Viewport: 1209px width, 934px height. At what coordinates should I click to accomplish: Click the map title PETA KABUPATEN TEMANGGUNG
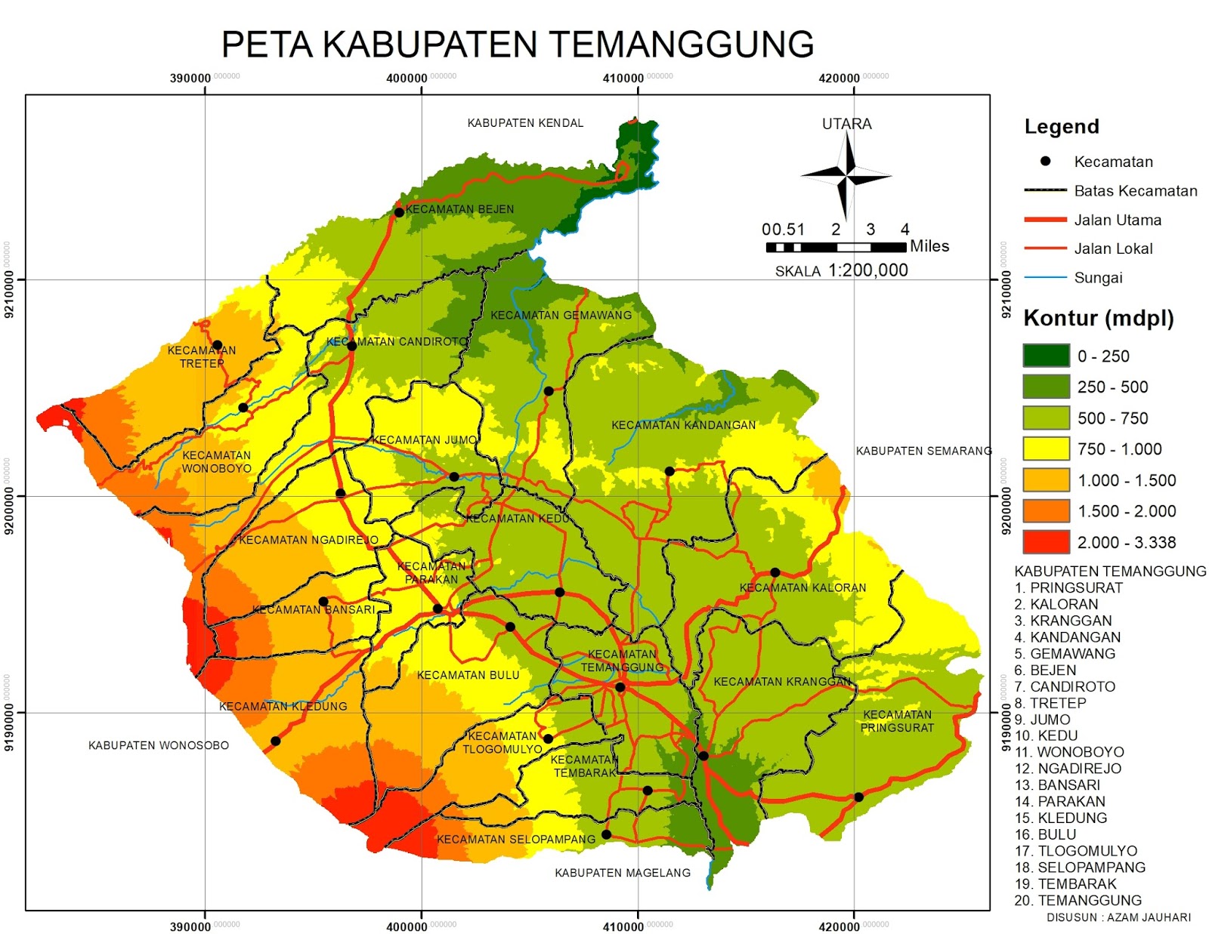click(x=518, y=45)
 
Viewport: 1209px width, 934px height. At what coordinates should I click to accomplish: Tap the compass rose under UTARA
click(x=846, y=176)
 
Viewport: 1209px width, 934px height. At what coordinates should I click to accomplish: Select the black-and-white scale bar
click(x=835, y=247)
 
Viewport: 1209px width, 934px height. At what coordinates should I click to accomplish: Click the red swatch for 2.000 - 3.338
click(x=1046, y=542)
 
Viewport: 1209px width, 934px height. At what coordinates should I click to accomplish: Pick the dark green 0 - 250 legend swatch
click(x=1046, y=356)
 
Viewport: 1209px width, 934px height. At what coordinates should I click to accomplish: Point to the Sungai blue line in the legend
click(x=1045, y=278)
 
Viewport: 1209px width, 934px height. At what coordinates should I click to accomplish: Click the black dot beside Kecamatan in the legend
click(x=1046, y=162)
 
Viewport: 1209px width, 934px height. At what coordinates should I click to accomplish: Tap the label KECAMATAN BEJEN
click(x=459, y=209)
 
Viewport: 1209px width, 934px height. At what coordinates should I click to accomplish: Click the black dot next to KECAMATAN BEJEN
click(x=399, y=212)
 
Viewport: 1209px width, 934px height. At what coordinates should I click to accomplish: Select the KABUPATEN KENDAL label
click(x=525, y=123)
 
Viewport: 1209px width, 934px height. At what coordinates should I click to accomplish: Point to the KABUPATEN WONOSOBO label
click(x=159, y=745)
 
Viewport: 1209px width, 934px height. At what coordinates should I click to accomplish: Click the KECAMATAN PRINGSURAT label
click(x=897, y=721)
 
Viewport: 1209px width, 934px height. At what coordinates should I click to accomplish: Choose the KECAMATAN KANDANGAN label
click(x=683, y=425)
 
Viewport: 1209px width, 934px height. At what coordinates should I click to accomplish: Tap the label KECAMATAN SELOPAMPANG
click(x=516, y=839)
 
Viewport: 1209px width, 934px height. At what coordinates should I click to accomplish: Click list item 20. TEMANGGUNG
click(x=1078, y=900)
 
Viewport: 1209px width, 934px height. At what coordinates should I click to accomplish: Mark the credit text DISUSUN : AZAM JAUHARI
click(x=1118, y=917)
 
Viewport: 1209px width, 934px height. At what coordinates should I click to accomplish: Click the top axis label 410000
click(x=623, y=79)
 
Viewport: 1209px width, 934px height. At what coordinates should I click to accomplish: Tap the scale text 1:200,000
click(x=867, y=270)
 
